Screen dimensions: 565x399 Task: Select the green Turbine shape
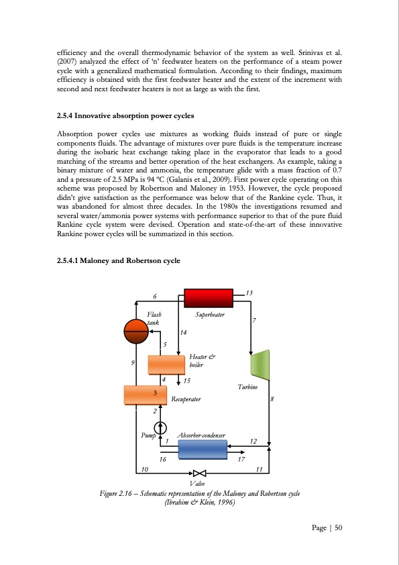[x=260, y=365]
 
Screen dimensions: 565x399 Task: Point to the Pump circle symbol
[x=159, y=427]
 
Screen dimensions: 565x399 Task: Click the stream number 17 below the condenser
[x=241, y=460]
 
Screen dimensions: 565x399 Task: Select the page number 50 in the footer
[x=338, y=527]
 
